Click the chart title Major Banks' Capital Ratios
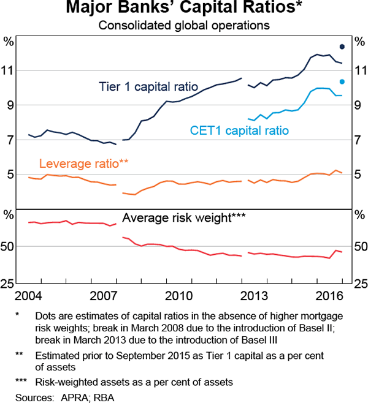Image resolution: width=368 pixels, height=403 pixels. [184, 9]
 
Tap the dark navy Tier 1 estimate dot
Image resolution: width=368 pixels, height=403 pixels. [342, 47]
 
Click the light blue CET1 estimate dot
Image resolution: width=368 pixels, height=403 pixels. [342, 81]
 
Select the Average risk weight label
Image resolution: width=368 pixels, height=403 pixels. [183, 217]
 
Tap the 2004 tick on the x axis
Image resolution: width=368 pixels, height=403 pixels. [29, 296]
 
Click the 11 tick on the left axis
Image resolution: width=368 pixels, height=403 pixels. [9, 70]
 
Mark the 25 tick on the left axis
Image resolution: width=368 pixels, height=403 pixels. [9, 284]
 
